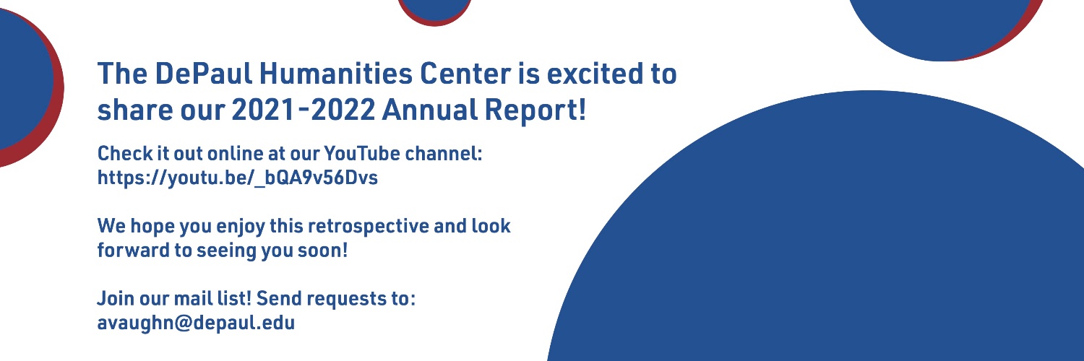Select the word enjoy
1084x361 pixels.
coord(238,226)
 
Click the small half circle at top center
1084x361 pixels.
coord(434,9)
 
